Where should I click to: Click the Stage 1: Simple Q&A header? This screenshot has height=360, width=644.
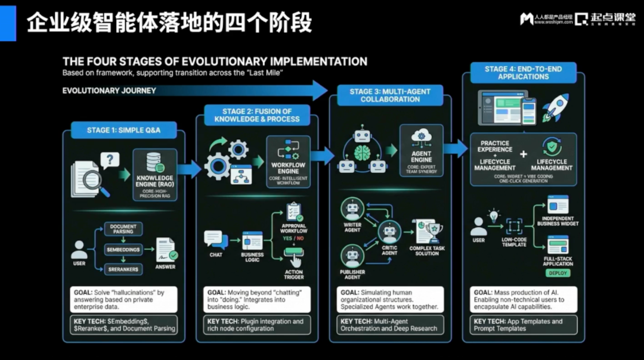pos(123,130)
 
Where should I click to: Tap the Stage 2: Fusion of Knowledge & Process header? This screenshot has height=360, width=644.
pos(257,115)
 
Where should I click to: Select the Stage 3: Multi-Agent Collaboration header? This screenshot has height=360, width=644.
pos(390,95)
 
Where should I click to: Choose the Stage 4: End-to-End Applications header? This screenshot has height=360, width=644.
pos(523,73)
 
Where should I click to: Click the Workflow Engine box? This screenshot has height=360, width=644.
pos(288,162)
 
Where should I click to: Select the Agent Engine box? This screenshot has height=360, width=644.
pos(422,150)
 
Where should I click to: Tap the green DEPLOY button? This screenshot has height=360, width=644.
pos(558,273)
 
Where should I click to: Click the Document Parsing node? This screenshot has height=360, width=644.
pos(123,229)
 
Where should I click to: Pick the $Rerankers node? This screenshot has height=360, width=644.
pos(123,269)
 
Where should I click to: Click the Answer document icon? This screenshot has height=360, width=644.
pos(165,249)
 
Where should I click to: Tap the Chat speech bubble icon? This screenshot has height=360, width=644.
pos(215,240)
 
